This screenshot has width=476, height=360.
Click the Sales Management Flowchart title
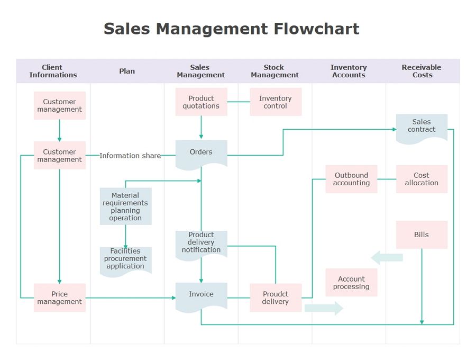coord(231,29)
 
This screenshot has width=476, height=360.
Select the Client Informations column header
coord(53,71)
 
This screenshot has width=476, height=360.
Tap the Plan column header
coord(127,71)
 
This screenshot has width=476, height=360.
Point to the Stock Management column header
coord(274,71)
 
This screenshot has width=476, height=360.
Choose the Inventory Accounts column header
coord(349,71)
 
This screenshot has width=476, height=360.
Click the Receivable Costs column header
coord(422,71)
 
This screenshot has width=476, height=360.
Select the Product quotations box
coord(201,102)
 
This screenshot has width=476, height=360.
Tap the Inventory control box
coord(276,102)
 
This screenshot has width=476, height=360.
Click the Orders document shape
coord(201,154)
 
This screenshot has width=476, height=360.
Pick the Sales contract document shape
coord(422,127)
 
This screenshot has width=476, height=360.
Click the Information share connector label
coord(130,156)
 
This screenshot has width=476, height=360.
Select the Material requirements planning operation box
coord(125,206)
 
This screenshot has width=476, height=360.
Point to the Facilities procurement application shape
coord(125,260)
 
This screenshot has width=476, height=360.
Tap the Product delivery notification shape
coord(201,244)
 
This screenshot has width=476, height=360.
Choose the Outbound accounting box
coord(351,179)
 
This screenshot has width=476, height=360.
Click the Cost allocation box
coord(422,179)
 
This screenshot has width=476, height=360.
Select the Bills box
coord(422,235)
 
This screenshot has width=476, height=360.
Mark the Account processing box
coord(351,283)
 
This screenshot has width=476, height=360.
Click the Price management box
coord(60,298)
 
